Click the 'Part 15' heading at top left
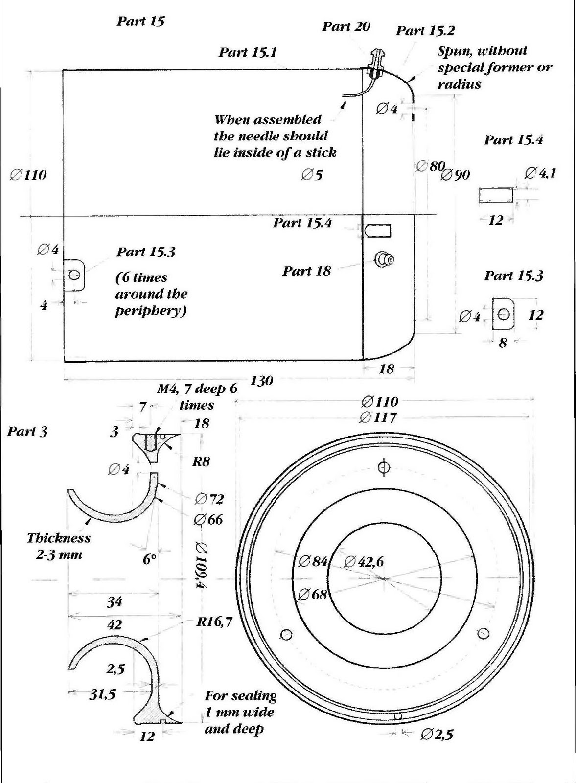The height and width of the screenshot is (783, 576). click(x=140, y=21)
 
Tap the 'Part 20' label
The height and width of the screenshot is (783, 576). click(x=346, y=26)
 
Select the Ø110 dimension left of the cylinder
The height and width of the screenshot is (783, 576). click(x=28, y=175)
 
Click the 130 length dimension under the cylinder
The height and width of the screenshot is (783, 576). click(x=261, y=380)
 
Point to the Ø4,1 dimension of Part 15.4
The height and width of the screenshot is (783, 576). click(x=540, y=173)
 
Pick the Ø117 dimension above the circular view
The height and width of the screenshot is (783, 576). click(x=378, y=417)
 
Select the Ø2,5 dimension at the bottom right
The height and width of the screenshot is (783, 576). click(x=437, y=734)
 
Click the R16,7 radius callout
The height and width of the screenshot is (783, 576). click(x=214, y=622)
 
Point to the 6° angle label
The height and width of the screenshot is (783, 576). click(x=149, y=559)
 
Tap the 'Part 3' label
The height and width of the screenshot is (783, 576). click(x=27, y=431)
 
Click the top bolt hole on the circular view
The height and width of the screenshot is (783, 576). click(x=384, y=467)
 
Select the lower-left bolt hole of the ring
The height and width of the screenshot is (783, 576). click(x=286, y=635)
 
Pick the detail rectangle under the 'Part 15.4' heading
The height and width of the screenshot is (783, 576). click(x=496, y=195)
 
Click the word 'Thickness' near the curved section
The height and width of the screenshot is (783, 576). click(x=59, y=538)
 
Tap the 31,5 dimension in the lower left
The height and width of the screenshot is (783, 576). click(x=102, y=694)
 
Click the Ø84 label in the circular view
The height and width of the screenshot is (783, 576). click(x=313, y=561)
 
